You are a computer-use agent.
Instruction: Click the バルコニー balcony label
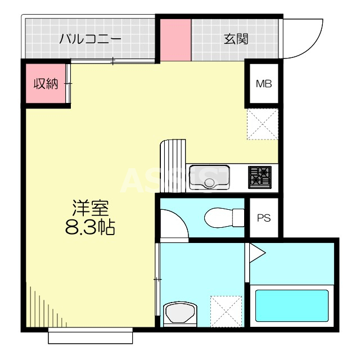tap(90, 39)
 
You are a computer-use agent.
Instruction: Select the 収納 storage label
tap(46, 84)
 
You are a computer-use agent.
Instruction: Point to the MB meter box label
tap(264, 84)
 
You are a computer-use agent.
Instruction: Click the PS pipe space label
tap(264, 218)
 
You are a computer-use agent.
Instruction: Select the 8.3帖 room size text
tap(90, 227)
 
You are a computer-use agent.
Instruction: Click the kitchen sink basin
tap(209, 178)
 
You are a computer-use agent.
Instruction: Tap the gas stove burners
tap(259, 177)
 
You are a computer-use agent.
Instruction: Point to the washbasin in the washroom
tap(179, 313)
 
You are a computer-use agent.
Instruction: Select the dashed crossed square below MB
tap(262, 124)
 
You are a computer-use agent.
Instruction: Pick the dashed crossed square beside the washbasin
tap(226, 310)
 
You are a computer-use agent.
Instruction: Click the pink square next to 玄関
tap(176, 39)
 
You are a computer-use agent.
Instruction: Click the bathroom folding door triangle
tap(256, 253)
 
